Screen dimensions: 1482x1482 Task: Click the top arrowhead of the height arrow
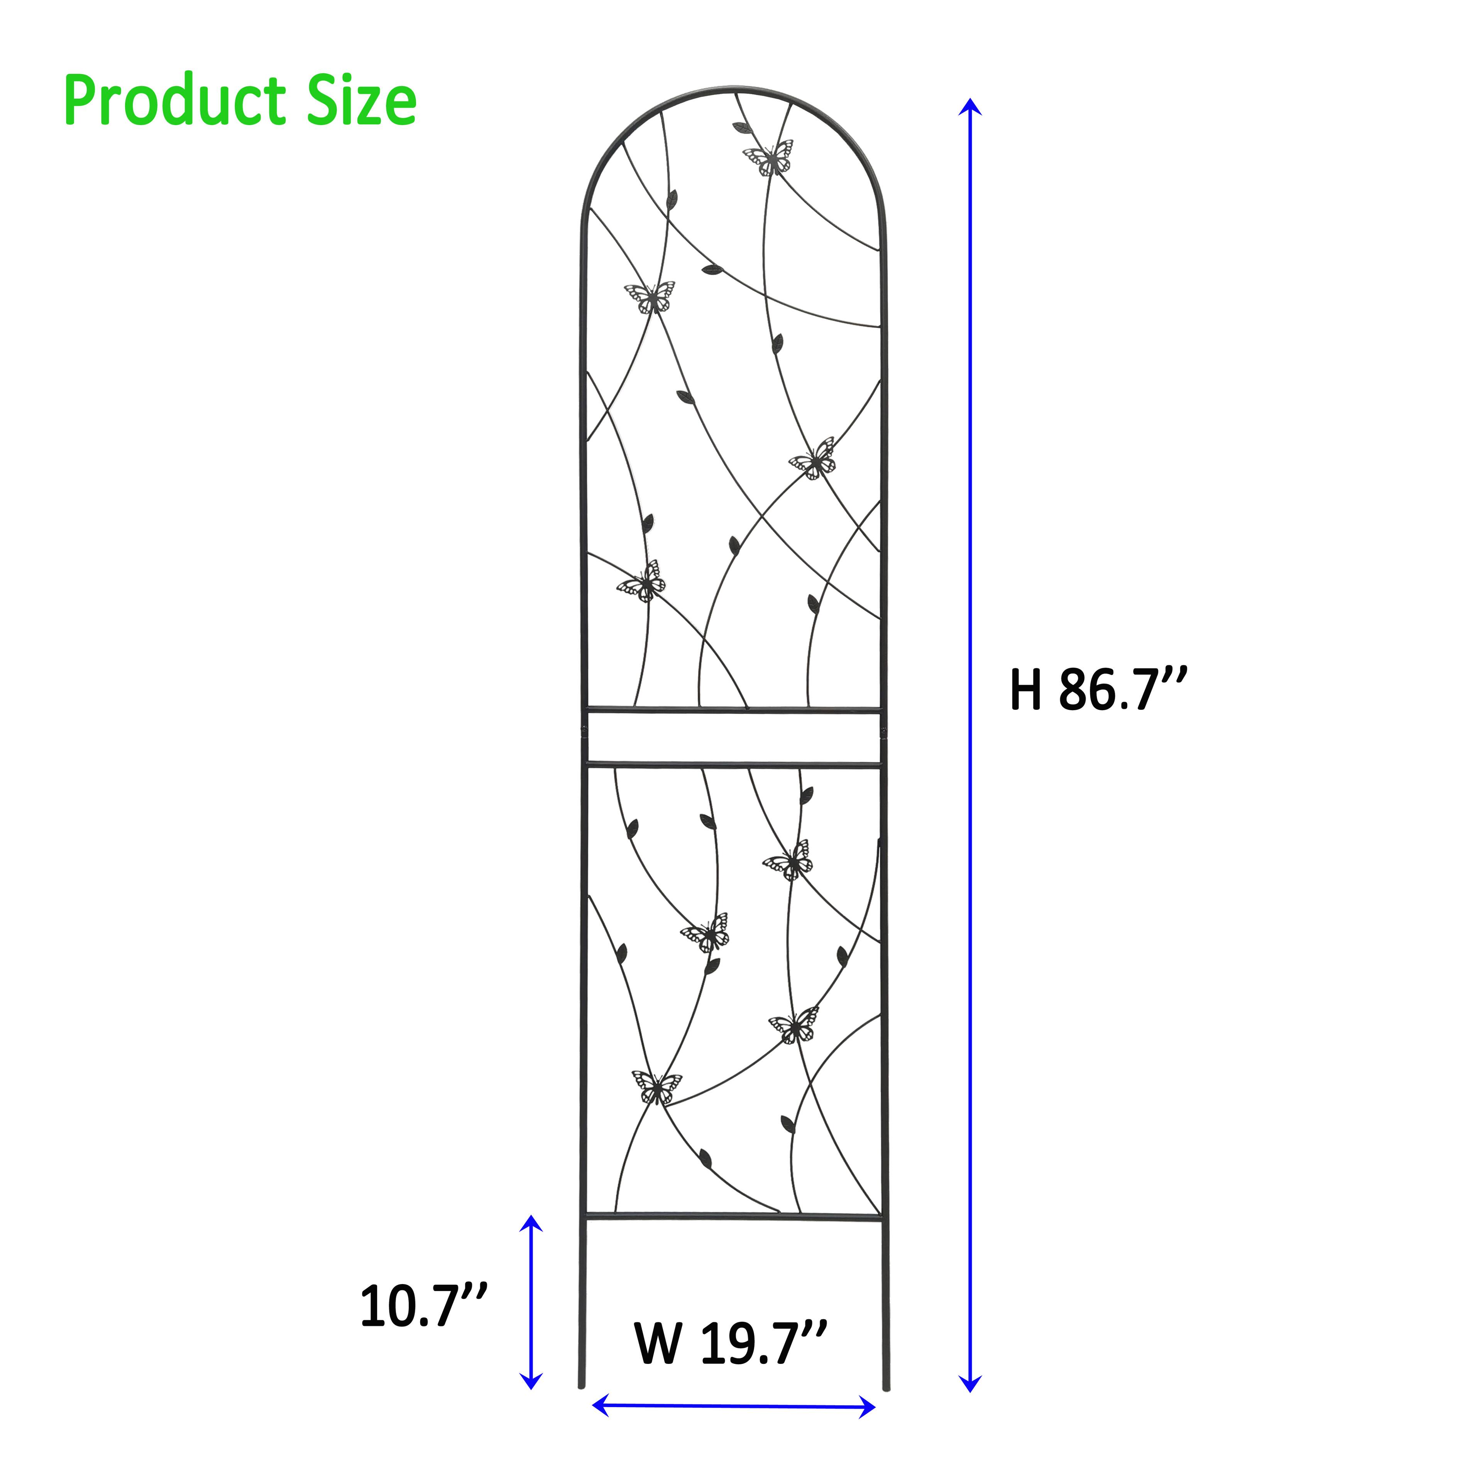[970, 107]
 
